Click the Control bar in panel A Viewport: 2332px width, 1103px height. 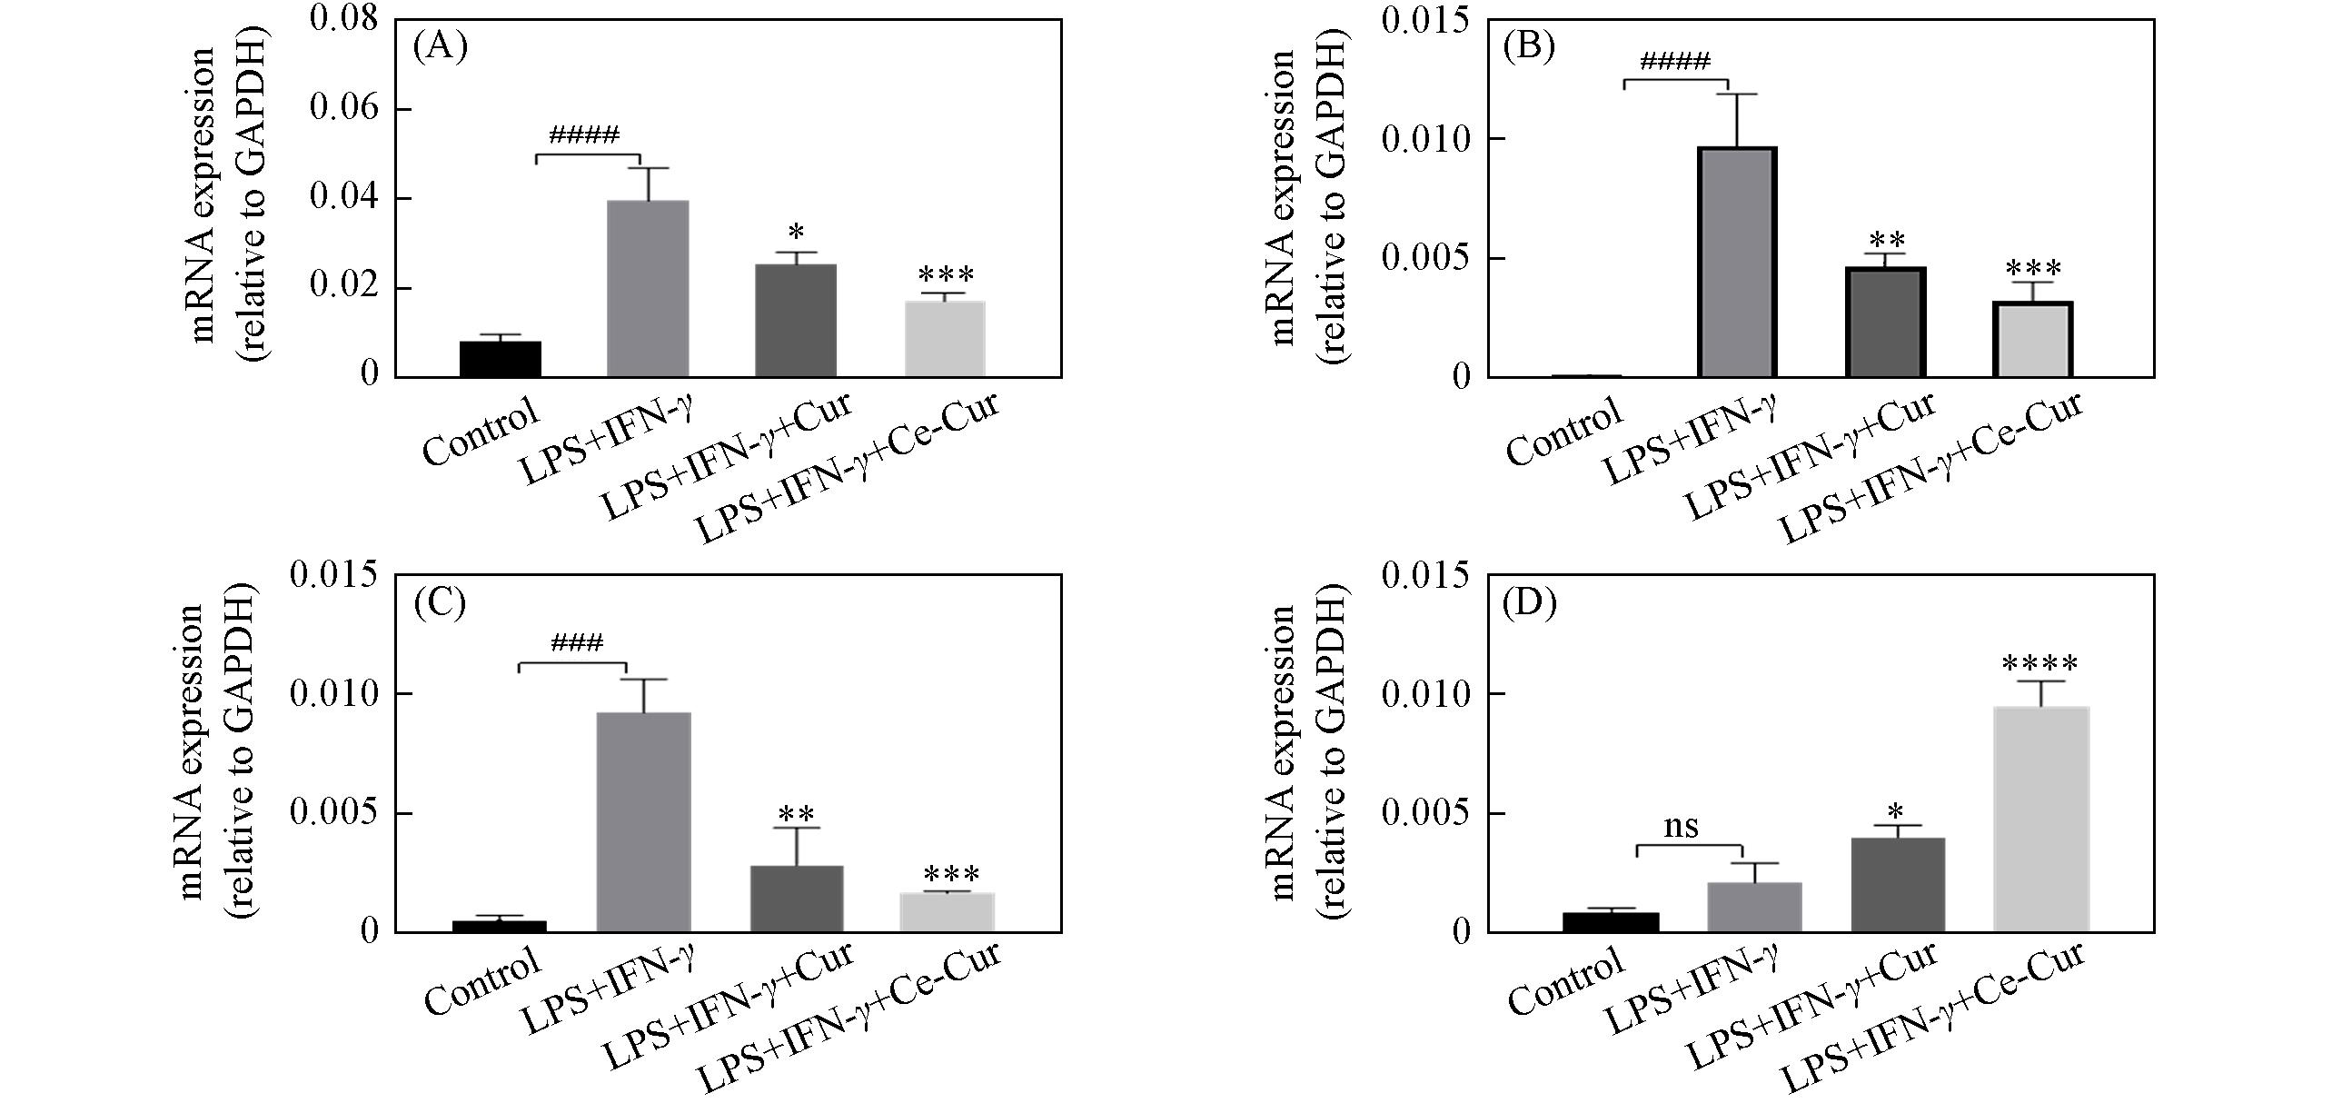point(501,360)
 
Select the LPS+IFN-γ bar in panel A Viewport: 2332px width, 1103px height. point(648,289)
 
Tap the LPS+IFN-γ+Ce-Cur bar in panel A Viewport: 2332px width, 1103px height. point(945,339)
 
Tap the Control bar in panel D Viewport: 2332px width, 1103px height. point(1611,921)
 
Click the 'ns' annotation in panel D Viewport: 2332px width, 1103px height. point(1681,828)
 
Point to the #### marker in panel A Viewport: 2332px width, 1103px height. point(584,136)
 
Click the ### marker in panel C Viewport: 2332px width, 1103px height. point(576,644)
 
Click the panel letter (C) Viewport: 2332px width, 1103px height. point(440,604)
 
